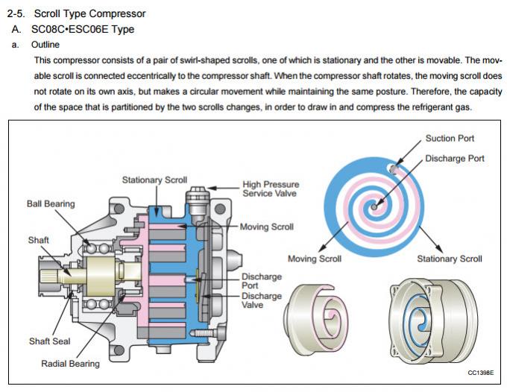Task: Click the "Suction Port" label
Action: [x=450, y=139]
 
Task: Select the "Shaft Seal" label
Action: [x=50, y=341]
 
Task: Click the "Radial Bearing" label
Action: [x=71, y=363]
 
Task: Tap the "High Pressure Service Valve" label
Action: [x=271, y=188]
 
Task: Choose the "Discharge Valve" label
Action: [x=262, y=300]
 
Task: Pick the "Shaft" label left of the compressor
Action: [x=39, y=240]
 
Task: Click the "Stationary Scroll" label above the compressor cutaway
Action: [x=155, y=180]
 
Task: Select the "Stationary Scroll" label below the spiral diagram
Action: [x=449, y=259]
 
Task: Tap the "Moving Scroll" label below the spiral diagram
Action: [x=315, y=259]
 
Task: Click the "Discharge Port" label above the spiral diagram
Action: [x=454, y=158]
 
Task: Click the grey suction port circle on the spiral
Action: [x=393, y=168]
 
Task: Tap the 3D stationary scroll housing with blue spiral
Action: [x=428, y=320]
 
